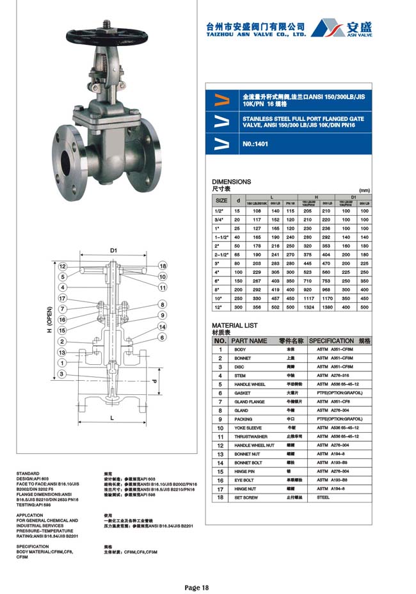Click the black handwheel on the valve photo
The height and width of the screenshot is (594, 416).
click(x=97, y=32)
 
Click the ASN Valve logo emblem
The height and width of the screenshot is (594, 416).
click(x=328, y=28)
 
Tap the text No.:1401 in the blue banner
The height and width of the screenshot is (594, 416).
click(x=255, y=144)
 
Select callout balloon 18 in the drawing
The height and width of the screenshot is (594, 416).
click(x=163, y=266)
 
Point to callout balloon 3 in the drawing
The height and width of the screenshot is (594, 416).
click(x=62, y=374)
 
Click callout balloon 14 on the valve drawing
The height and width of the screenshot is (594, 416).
click(x=163, y=326)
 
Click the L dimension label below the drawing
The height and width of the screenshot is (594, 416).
click(x=112, y=418)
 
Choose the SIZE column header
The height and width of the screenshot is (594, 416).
click(x=221, y=201)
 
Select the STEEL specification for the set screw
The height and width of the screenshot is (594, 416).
click(x=323, y=497)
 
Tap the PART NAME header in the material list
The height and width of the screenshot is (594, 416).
click(x=249, y=341)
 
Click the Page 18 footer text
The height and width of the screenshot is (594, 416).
click(x=196, y=586)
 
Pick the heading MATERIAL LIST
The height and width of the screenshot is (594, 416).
click(x=234, y=325)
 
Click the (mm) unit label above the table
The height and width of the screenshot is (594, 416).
click(x=364, y=190)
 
